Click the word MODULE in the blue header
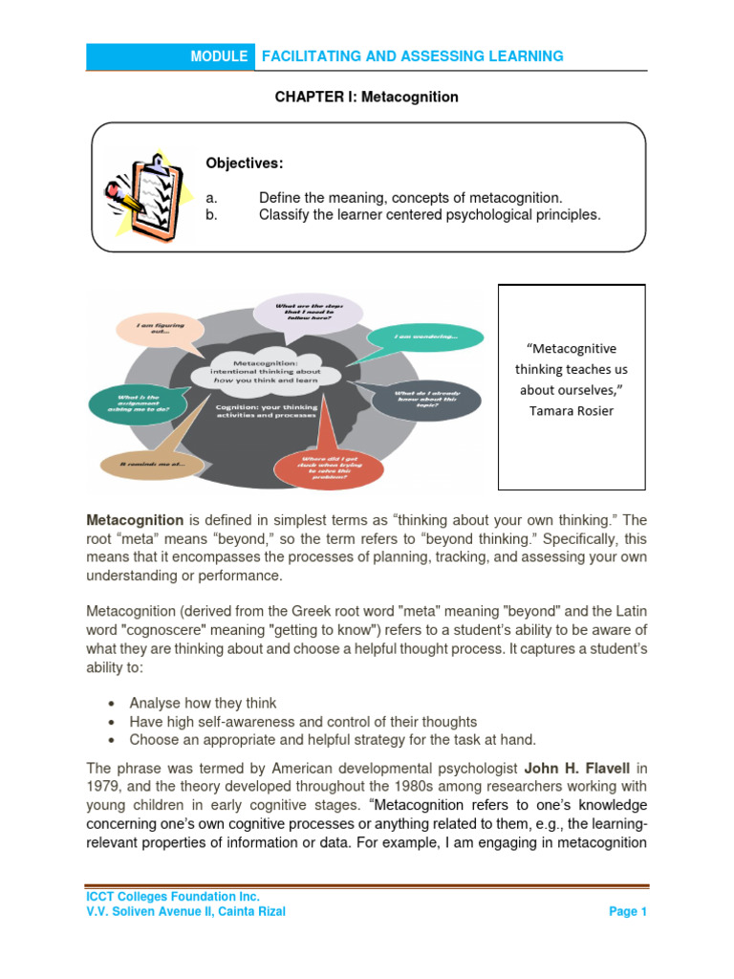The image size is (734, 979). (x=219, y=56)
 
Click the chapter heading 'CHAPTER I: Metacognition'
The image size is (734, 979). (x=367, y=98)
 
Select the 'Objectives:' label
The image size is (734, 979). (x=245, y=163)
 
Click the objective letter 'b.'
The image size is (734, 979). (x=212, y=215)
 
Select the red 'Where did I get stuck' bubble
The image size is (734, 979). (x=328, y=468)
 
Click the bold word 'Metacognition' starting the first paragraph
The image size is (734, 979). (x=135, y=520)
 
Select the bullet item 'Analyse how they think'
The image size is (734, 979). (x=203, y=703)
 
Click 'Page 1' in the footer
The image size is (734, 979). (x=628, y=912)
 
